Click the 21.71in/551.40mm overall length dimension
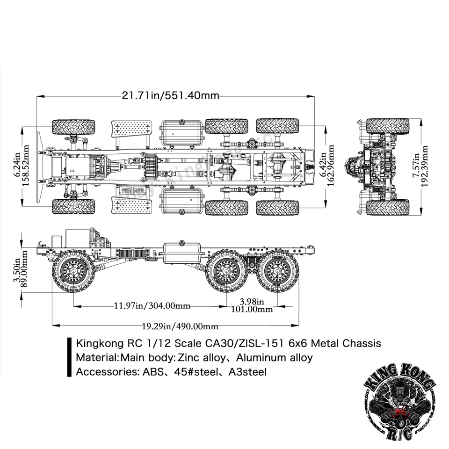click(171, 95)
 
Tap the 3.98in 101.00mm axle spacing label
click(252, 305)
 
